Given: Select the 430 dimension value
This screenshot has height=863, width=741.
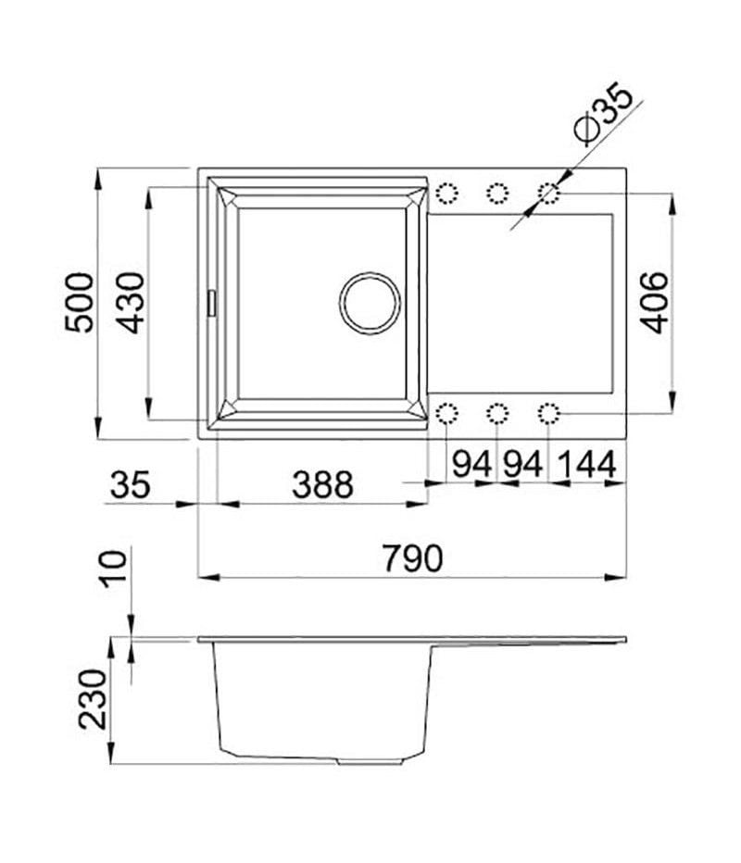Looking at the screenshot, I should [132, 302].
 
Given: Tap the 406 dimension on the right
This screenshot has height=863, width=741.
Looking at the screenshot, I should [655, 302].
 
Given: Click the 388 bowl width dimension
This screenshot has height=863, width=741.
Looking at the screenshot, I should [322, 483].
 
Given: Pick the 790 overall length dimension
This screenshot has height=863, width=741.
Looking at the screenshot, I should [412, 557].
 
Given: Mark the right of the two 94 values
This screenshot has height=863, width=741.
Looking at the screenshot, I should [522, 465].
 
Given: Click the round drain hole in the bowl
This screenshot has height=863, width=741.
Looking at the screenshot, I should [370, 302].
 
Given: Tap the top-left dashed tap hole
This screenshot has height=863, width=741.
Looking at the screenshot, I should [446, 194].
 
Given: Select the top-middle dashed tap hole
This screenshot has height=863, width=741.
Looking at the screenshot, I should [497, 194].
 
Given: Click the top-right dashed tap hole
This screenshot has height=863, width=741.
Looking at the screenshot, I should [548, 194].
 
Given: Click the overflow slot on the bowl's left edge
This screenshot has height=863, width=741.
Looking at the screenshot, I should [212, 302].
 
